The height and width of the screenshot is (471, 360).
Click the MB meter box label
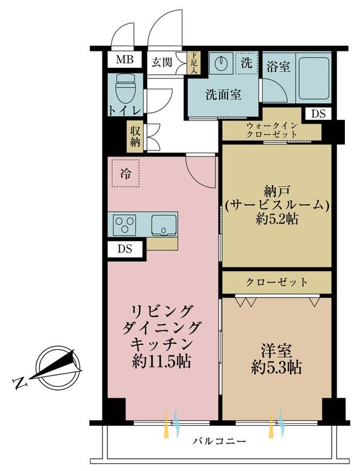point(124,60)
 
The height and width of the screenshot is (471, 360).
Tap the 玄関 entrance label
point(161,62)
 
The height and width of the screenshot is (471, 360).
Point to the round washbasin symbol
point(222,63)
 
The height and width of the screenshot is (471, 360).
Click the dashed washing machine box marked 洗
point(246,63)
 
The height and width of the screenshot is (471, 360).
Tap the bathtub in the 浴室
point(314,77)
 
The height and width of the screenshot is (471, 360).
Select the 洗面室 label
point(223,95)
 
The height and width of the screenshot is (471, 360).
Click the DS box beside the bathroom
point(319,114)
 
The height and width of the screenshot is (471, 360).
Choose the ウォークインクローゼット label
point(271,130)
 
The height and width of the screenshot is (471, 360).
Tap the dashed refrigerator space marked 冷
point(125,173)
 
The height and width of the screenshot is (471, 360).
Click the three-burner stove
point(124,225)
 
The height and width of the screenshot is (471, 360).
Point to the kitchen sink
point(164,225)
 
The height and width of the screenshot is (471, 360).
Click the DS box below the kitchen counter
point(125,249)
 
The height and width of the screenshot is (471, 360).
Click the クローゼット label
point(277,282)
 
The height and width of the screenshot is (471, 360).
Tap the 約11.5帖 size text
point(161,362)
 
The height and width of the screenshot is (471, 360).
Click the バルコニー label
point(220,441)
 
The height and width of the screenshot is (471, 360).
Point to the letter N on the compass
point(20,383)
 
